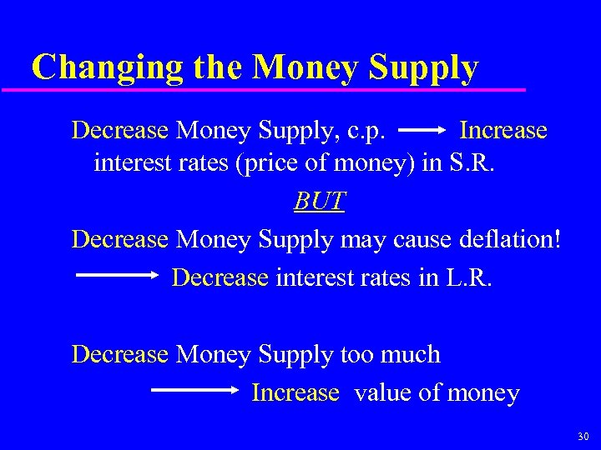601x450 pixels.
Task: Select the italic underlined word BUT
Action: click(320, 202)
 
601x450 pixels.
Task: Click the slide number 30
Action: click(582, 437)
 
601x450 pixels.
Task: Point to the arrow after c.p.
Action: click(423, 131)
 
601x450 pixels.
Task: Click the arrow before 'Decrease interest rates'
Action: click(118, 274)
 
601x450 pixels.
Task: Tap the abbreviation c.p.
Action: click(362, 132)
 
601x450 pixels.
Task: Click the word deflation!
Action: click(511, 240)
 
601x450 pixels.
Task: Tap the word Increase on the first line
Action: click(503, 131)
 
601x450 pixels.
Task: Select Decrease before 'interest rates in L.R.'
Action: click(220, 277)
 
